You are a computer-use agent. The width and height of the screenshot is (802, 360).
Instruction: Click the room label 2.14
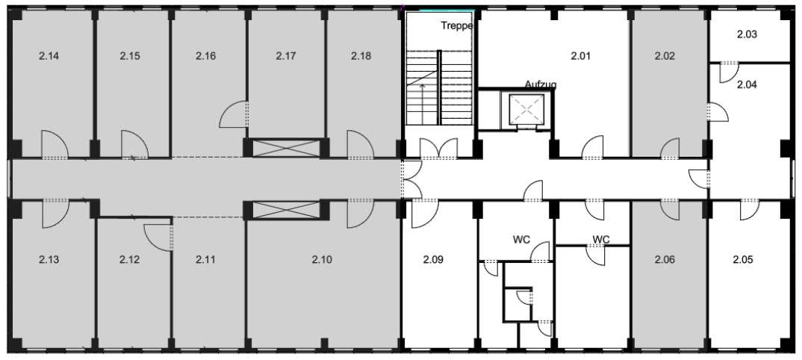(49, 56)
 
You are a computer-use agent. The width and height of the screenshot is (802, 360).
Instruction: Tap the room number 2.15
(130, 56)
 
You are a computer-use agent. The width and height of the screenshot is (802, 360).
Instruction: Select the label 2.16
(205, 56)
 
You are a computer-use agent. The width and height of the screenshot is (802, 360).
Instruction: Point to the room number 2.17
(286, 56)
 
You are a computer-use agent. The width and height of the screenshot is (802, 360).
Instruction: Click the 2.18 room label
(361, 56)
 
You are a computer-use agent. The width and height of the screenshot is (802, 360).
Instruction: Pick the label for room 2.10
(322, 260)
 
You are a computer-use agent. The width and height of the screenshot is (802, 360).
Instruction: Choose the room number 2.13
(49, 260)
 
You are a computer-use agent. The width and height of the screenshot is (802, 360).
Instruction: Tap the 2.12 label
(129, 260)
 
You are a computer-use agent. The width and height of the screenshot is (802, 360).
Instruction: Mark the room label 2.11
(205, 260)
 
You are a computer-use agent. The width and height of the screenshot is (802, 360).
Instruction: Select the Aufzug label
(541, 84)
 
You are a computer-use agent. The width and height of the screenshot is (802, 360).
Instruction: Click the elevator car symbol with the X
(526, 109)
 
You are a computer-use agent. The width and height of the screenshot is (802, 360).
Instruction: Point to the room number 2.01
(580, 56)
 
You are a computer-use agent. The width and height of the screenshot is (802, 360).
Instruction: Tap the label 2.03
(747, 35)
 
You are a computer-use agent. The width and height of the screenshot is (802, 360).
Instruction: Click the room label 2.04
(747, 85)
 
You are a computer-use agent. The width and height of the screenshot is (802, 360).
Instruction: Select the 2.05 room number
(743, 260)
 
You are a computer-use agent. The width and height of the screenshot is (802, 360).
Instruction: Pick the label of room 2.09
(433, 260)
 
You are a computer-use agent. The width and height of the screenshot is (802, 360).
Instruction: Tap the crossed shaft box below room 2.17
(286, 149)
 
